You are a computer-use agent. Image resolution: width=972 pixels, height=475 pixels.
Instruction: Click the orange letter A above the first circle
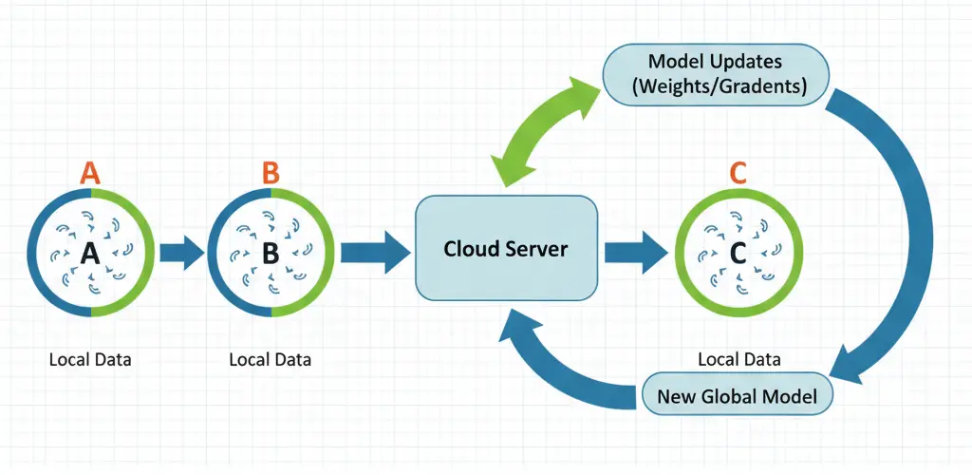pos(90,172)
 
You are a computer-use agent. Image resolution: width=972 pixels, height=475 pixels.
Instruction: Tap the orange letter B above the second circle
pos(271,172)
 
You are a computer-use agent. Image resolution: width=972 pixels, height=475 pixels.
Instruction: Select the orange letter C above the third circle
pos(738,172)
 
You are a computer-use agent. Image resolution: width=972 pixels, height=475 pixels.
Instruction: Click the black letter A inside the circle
pos(90,253)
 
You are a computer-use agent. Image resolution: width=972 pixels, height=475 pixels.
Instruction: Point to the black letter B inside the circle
pos(271,253)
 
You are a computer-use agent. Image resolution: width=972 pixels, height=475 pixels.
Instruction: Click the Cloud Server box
pos(506,249)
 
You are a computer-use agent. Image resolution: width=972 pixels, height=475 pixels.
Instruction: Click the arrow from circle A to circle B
pos(181,253)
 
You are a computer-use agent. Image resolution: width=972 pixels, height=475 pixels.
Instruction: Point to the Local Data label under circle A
pos(90,360)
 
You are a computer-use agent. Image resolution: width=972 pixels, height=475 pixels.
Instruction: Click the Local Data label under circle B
pos(271,360)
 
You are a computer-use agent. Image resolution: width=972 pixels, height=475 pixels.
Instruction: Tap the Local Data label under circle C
pos(738,359)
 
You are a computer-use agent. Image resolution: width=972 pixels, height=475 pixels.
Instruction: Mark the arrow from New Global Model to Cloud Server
pos(560,366)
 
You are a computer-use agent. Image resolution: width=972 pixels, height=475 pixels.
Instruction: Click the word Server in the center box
pos(538,249)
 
